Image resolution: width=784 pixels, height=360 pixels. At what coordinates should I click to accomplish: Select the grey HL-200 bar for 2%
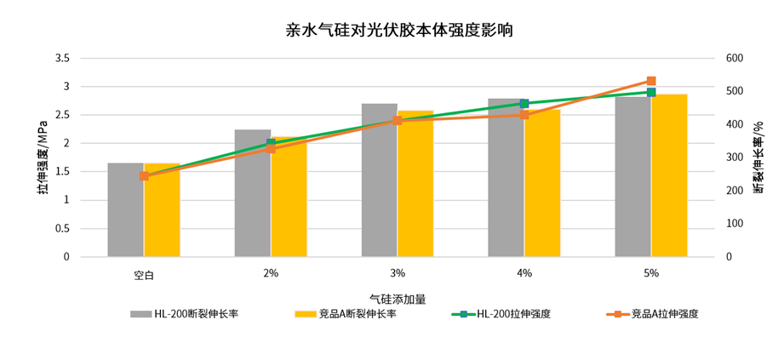click(252, 193)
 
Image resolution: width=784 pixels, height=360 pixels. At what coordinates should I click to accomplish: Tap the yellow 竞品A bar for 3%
click(415, 184)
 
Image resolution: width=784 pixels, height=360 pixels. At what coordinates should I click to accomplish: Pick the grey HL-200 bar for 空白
click(125, 209)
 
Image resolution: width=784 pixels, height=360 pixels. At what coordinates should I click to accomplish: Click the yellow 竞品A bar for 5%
click(669, 175)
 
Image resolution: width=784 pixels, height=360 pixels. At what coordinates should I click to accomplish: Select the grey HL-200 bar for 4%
click(506, 178)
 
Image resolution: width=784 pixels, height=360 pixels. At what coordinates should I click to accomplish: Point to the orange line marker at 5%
click(651, 81)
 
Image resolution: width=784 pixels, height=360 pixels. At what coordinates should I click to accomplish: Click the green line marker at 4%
click(524, 104)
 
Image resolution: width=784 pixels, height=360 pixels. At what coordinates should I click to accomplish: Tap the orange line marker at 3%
click(398, 121)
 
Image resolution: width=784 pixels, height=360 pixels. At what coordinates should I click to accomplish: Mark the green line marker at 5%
click(651, 92)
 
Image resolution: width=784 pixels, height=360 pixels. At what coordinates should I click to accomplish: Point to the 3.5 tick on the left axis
click(61, 59)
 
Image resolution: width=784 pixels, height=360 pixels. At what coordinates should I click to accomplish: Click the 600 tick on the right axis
click(734, 59)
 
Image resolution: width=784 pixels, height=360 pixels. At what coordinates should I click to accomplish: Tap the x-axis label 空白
click(143, 274)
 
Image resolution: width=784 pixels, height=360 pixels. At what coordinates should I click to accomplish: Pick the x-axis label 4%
click(524, 273)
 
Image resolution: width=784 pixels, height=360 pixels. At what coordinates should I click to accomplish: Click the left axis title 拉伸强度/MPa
click(42, 158)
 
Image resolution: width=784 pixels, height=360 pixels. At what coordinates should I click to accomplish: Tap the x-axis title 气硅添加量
click(397, 299)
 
